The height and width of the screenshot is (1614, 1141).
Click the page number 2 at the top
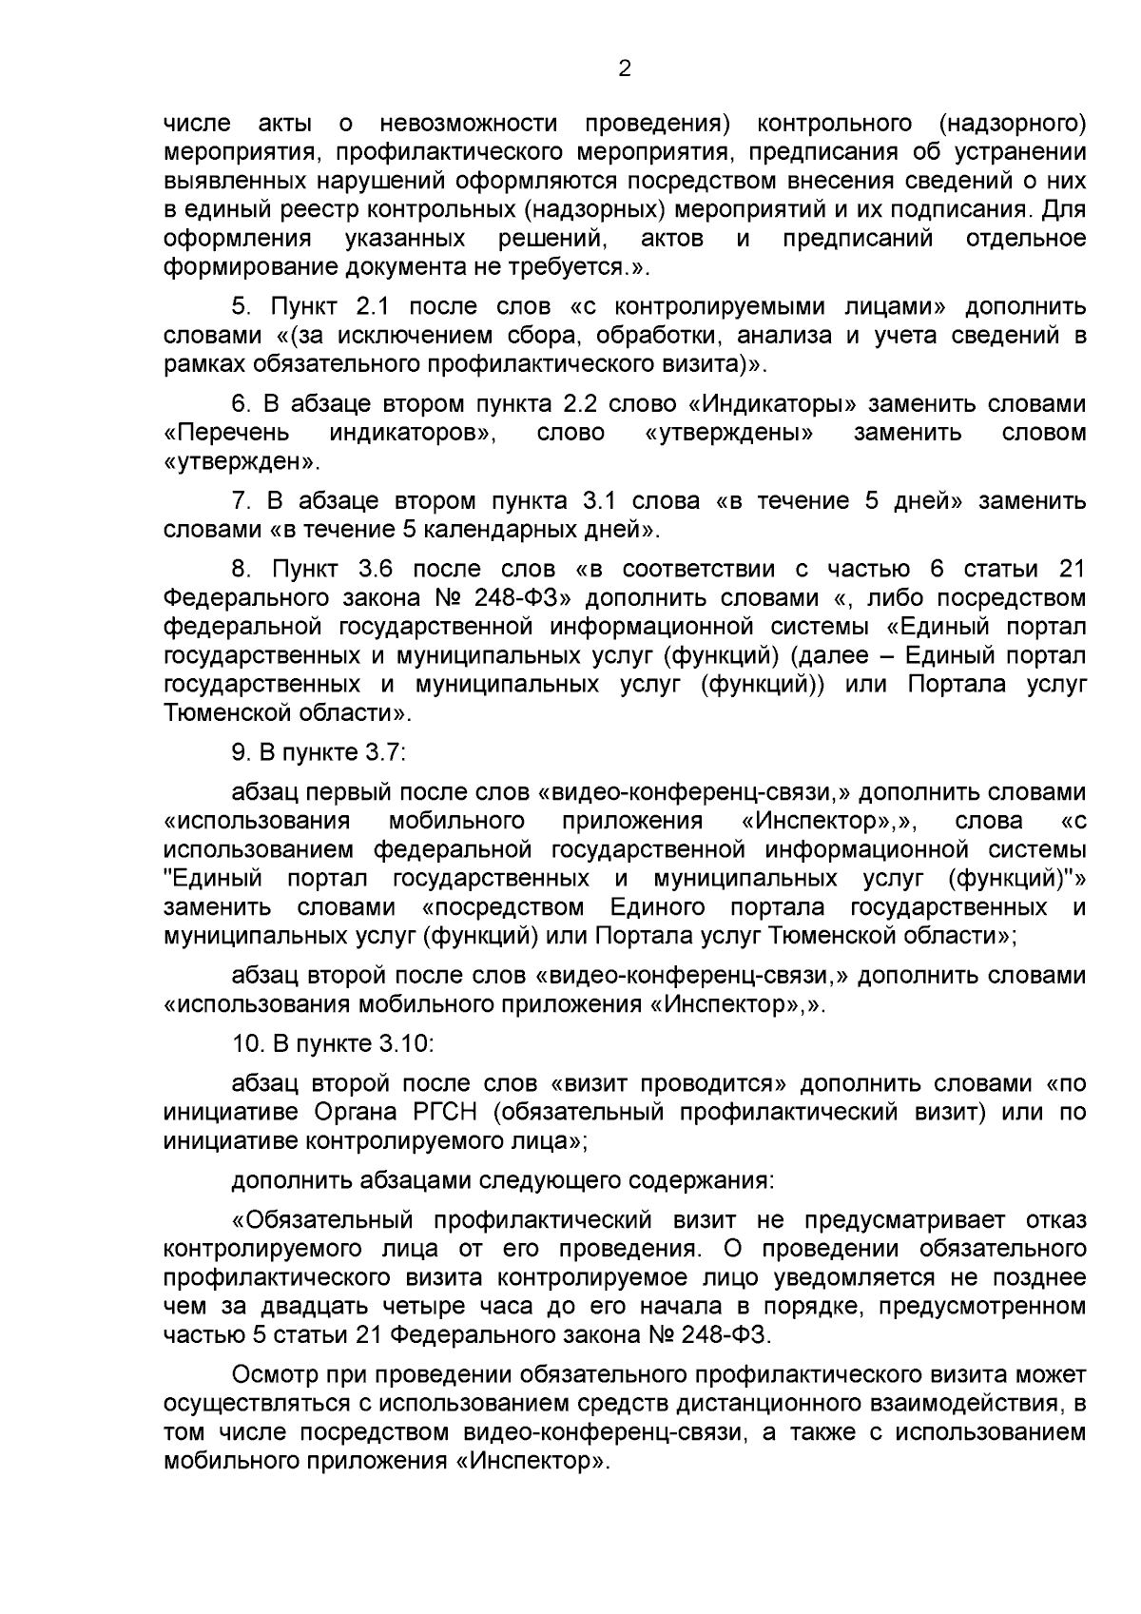[625, 68]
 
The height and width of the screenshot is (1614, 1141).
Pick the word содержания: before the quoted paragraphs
[703, 1180]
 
